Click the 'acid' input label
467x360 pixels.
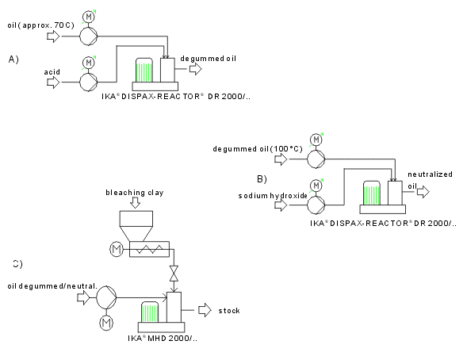tap(52, 72)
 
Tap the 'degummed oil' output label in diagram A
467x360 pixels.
tap(209, 59)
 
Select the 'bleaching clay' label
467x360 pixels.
tap(135, 193)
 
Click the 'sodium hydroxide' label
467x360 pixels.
tap(273, 196)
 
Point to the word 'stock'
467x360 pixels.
tap(229, 311)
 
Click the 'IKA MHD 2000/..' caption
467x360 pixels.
tap(163, 339)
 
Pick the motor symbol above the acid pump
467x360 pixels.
tap(89, 63)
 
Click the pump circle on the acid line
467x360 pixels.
tap(89, 82)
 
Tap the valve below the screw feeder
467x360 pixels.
tap(174, 274)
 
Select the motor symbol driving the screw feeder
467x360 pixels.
tap(116, 249)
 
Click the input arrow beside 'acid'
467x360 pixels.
tap(53, 82)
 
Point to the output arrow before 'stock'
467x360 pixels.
tap(205, 310)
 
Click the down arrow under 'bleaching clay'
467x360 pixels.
tap(136, 203)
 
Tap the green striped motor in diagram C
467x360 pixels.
tap(150, 312)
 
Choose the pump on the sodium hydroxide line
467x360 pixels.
tap(316, 205)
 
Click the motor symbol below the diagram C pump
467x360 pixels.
tap(106, 323)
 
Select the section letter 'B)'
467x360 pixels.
tap(262, 179)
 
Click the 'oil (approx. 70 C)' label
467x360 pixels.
tap(40, 25)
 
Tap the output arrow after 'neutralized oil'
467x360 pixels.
tap(423, 192)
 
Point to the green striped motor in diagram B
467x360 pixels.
tap(372, 193)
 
